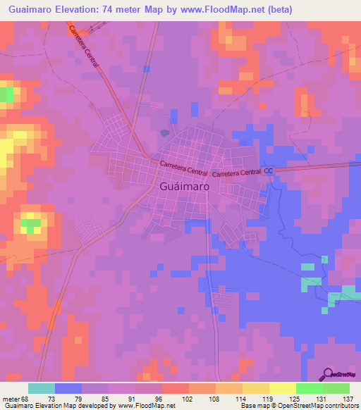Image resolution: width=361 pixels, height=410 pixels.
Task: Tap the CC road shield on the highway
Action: [269, 170]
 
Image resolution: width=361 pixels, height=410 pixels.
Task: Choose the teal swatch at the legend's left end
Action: [42, 388]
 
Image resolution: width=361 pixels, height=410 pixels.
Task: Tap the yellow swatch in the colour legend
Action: [283, 388]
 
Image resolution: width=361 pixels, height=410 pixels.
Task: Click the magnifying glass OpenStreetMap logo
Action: [329, 375]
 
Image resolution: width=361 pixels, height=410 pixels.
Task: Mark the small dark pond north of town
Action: [165, 132]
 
